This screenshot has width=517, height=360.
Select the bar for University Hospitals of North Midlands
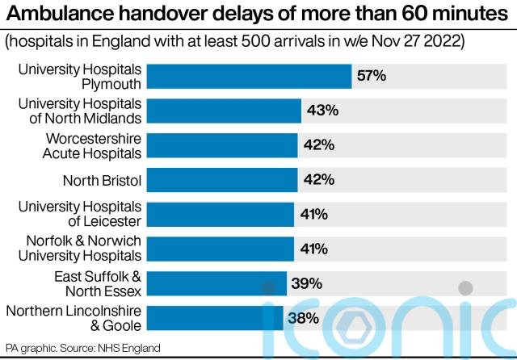pyautogui.click(x=225, y=111)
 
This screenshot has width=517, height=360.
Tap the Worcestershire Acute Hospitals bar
pyautogui.click(x=221, y=145)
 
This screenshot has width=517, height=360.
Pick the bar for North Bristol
pyautogui.click(x=221, y=179)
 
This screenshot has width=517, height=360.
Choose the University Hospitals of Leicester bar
pyautogui.click(x=221, y=214)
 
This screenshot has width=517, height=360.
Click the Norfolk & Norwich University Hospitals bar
pyautogui.click(x=221, y=249)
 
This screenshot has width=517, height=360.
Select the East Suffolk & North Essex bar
pyautogui.click(x=217, y=283)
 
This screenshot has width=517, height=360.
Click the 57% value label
pyautogui.click(x=372, y=76)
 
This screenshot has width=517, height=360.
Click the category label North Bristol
pyautogui.click(x=102, y=179)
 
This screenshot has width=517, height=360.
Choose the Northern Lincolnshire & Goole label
pyautogui.click(x=74, y=318)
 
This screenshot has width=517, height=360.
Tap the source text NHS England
pyautogui.click(x=128, y=348)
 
